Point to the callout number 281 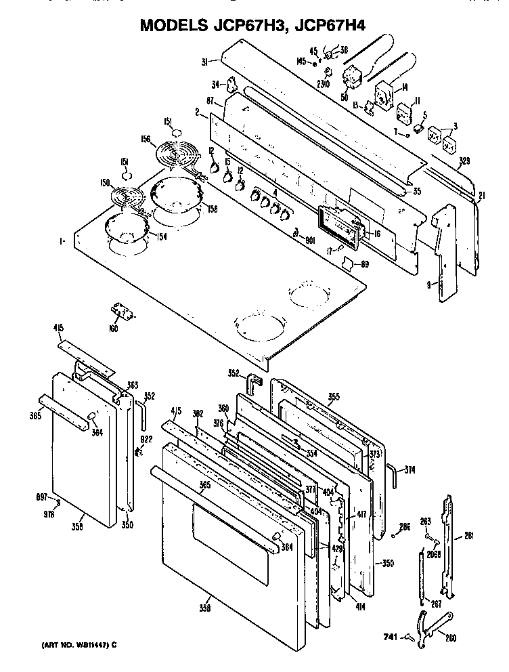coord(468,536)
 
